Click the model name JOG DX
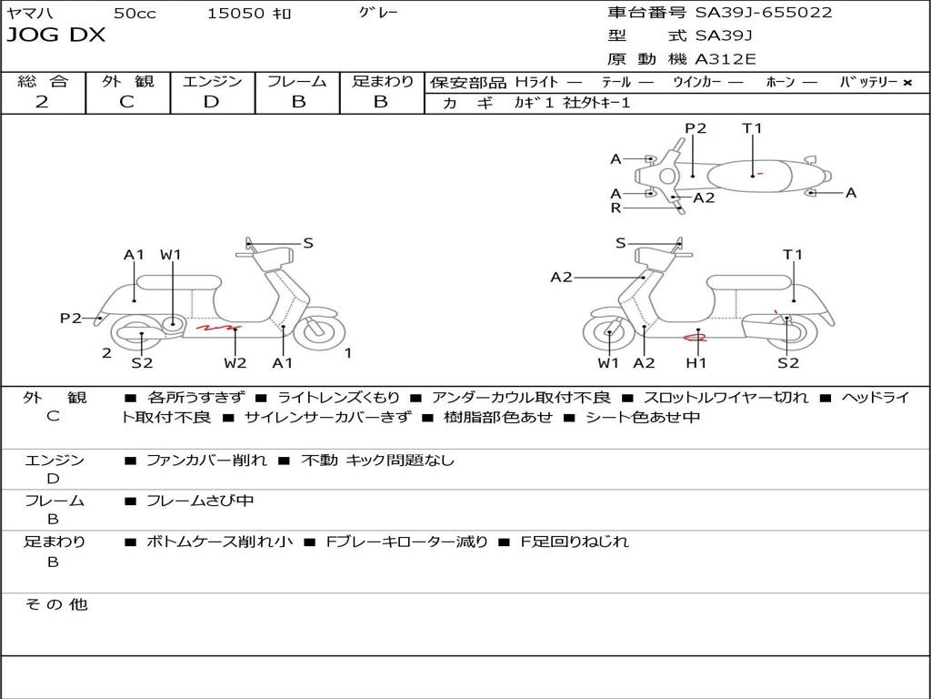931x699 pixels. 56,35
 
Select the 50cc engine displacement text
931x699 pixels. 133,13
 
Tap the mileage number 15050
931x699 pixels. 235,13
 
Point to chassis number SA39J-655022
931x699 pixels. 763,13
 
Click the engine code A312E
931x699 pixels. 725,60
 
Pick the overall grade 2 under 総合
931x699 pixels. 42,102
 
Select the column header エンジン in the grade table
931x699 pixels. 212,81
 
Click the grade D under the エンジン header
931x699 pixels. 212,102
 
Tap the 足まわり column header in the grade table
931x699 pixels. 383,81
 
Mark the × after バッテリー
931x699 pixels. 906,82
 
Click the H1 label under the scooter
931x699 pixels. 696,363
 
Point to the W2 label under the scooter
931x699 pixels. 235,363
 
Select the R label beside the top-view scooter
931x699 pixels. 616,208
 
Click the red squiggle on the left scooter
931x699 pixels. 218,327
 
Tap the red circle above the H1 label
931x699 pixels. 696,339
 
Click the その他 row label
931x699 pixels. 55,604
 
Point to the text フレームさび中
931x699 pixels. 200,501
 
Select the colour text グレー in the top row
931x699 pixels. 378,13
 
